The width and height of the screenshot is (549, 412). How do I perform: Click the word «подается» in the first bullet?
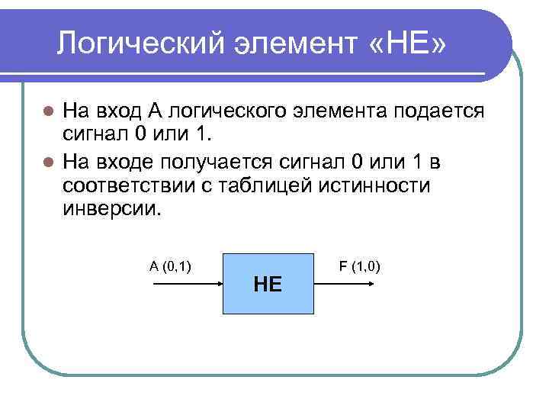[438, 111]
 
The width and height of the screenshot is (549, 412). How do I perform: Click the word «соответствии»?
[130, 186]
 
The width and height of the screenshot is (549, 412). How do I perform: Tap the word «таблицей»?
[268, 186]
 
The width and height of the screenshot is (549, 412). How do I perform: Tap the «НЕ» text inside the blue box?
[268, 285]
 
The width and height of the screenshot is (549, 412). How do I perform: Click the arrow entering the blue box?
[188, 284]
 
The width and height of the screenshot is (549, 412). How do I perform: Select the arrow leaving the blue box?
[344, 284]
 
